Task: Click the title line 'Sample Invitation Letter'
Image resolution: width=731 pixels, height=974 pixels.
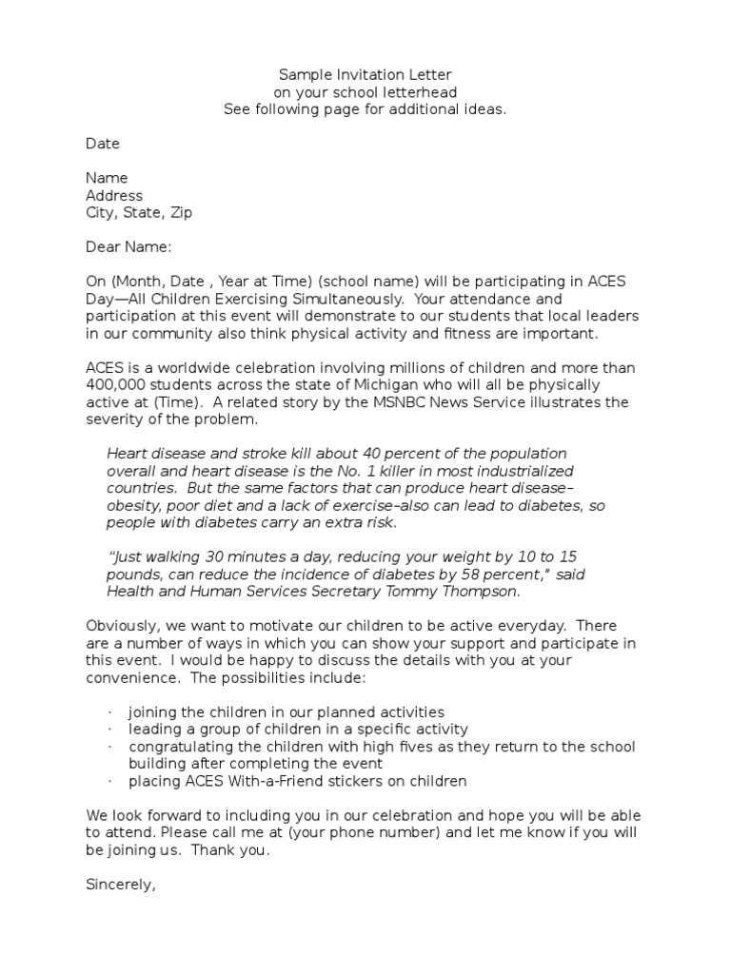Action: click(365, 74)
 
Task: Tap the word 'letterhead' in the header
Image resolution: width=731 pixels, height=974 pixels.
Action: click(423, 92)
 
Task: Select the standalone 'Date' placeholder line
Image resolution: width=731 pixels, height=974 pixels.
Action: click(103, 144)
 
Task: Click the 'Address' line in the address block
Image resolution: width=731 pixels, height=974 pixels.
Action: click(114, 196)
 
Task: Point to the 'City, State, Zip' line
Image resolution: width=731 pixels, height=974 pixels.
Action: click(139, 213)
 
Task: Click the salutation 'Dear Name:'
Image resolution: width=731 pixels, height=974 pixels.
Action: click(128, 247)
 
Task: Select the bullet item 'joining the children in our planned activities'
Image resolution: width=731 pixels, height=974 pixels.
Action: click(286, 712)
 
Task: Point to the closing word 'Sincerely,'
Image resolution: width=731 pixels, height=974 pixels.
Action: click(120, 885)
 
